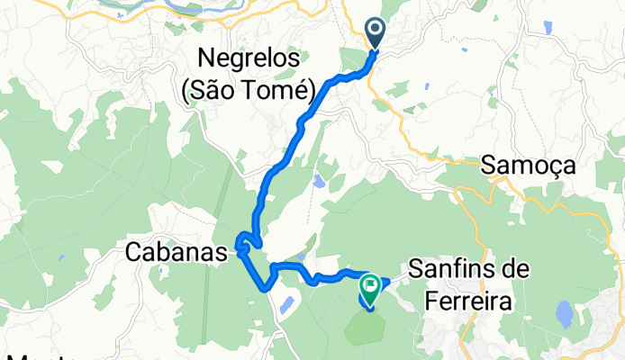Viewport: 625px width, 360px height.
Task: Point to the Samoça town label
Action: [x=528, y=165]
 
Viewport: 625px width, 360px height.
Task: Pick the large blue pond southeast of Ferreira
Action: [x=566, y=314]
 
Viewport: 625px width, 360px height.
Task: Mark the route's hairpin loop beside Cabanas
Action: [x=245, y=240]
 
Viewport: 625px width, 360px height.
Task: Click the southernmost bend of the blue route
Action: [x=264, y=289]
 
